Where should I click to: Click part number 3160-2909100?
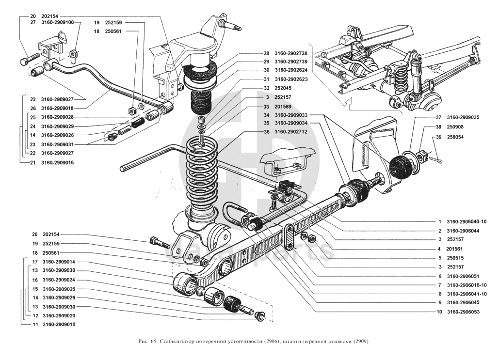point(58,22)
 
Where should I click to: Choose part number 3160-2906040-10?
point(467,221)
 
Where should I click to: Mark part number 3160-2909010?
point(58,324)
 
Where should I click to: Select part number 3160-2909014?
point(58,262)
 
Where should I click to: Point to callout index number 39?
point(438,137)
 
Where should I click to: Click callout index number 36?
point(266,132)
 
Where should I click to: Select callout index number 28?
point(266,53)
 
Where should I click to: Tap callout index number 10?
point(439,312)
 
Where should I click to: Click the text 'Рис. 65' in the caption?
point(146,341)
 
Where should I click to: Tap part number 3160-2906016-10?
point(467,285)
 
